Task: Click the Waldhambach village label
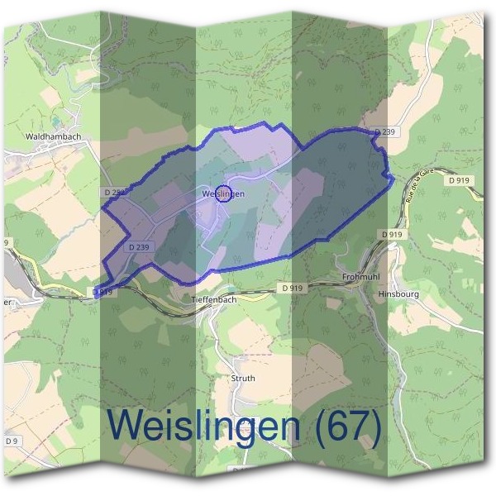(x=52, y=135)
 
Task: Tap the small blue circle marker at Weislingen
(x=222, y=193)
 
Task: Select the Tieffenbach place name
(x=214, y=299)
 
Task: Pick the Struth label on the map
(x=243, y=378)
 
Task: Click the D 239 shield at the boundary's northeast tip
(x=384, y=131)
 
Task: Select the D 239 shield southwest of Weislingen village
(x=140, y=246)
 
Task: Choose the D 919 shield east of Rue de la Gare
(x=460, y=179)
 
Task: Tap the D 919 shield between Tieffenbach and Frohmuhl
(x=291, y=288)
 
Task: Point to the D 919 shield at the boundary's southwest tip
(x=103, y=292)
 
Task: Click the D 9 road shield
(x=12, y=441)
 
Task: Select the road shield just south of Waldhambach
(x=116, y=192)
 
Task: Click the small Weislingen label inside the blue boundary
(x=222, y=194)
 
